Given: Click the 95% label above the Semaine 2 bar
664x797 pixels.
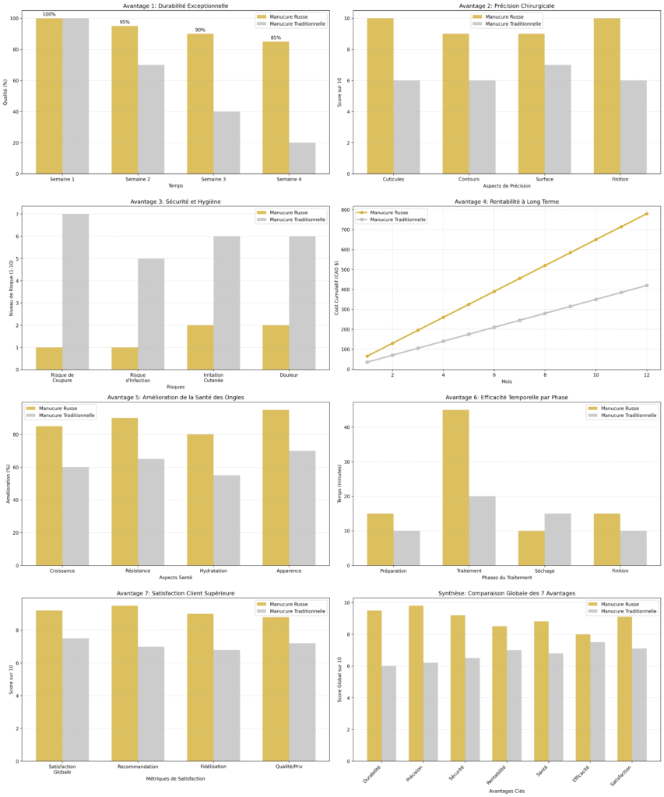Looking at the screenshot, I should pyautogui.click(x=125, y=22).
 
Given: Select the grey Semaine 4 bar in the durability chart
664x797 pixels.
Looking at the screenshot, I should pyautogui.click(x=302, y=158).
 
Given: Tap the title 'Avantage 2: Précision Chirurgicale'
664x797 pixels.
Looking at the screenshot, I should pyautogui.click(x=496, y=6).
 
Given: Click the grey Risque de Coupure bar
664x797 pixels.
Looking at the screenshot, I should pyautogui.click(x=76, y=292).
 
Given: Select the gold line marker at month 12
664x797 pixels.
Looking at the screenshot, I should pyautogui.click(x=646, y=214).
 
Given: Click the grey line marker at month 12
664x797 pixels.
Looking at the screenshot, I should pyautogui.click(x=646, y=286).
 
